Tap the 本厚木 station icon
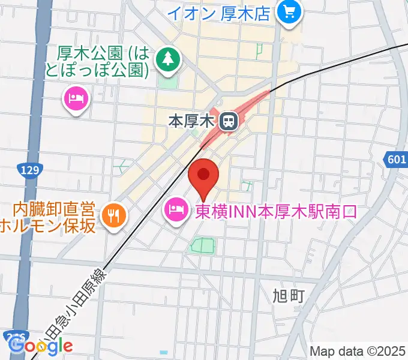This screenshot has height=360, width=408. click(x=228, y=121)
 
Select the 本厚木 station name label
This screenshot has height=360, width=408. click(x=191, y=122)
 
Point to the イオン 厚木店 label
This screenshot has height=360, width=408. click(x=218, y=13)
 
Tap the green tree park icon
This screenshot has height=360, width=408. click(x=168, y=58)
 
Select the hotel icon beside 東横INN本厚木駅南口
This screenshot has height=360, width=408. click(x=175, y=211)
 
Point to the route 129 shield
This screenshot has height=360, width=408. click(x=29, y=170)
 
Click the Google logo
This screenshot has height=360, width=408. click(x=41, y=346)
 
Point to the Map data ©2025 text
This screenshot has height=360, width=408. click(x=357, y=351)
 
